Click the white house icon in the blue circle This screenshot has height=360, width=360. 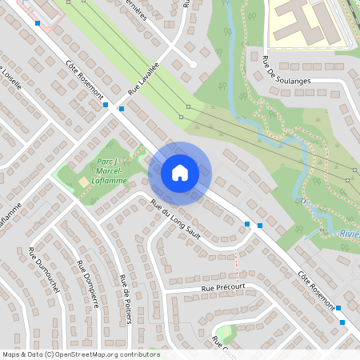(179, 172)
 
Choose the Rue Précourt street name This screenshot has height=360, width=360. (223, 286)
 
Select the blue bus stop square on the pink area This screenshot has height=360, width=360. (37, 23)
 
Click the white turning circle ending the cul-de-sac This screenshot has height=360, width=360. (194, 64)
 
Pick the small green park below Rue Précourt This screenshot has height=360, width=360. (226, 332)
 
